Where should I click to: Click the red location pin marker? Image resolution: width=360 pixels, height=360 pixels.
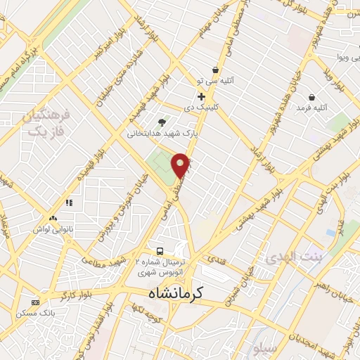point(181,165)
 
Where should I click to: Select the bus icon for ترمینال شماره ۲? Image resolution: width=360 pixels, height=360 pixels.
point(160,250)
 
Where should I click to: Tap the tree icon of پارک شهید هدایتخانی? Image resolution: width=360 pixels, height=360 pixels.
point(163,122)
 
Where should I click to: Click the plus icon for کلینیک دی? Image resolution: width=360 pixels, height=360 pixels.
point(202,96)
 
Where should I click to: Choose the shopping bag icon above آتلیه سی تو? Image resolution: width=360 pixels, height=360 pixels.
point(214,70)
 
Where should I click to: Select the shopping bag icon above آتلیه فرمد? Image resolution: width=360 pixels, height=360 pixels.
point(311,96)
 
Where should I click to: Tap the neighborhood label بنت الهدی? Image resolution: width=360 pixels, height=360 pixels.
point(289,257)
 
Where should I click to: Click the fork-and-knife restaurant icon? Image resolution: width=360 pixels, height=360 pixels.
point(69,203)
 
